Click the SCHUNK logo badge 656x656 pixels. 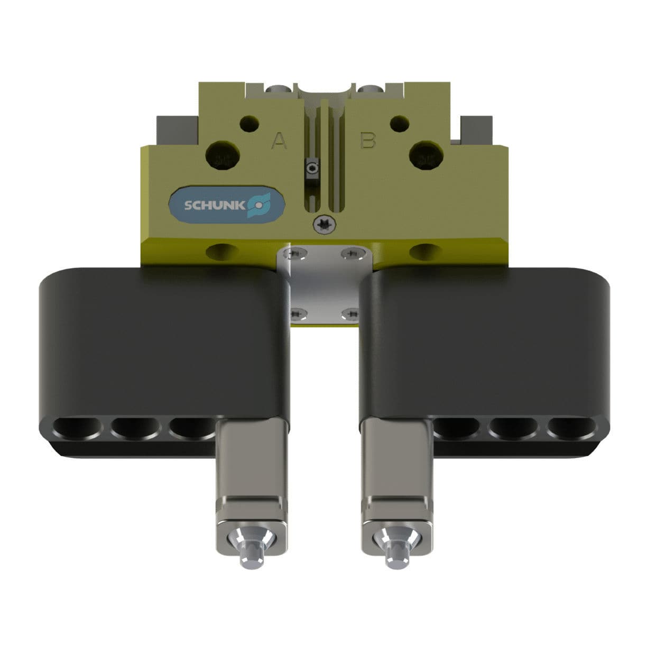227,205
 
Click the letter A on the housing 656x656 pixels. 279,141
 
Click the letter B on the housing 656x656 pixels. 367,141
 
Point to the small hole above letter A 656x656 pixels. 249,124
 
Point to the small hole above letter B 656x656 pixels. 399,124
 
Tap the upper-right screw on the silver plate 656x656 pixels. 350,255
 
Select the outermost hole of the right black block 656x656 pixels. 574,427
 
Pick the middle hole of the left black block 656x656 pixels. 135,427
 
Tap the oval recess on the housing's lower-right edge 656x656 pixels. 424,252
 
